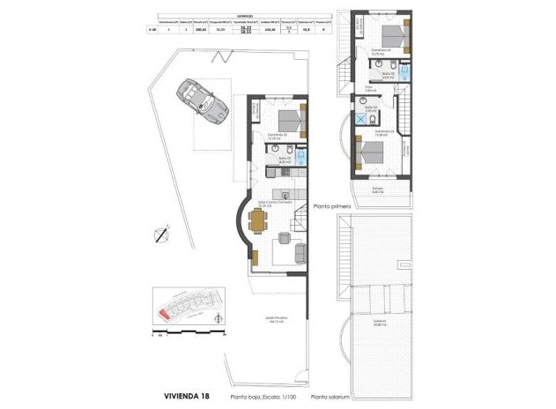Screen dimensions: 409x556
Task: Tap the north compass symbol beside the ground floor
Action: [x=159, y=234]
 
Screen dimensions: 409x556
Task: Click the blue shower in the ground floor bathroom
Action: [x=301, y=157]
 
